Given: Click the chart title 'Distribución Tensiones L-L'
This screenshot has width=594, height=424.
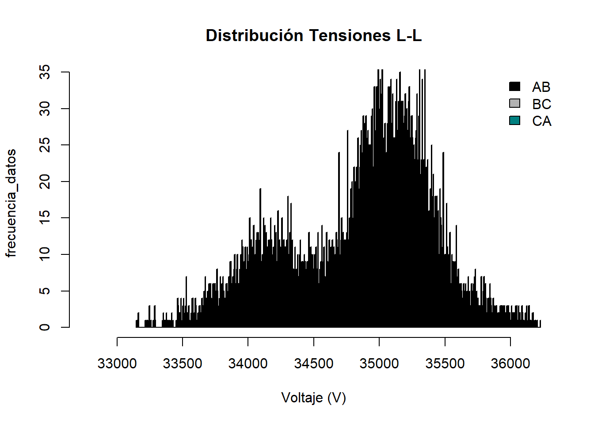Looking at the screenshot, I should coord(314,36).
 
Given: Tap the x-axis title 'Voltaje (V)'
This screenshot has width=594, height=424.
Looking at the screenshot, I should coord(313,398).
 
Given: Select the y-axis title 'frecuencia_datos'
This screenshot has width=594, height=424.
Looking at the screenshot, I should coord(11,203).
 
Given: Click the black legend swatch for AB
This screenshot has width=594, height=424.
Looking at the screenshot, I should coord(514,87).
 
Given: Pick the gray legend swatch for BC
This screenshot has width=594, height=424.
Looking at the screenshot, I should coord(514,103).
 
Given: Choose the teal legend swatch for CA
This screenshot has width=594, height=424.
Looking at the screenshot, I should coord(514,121).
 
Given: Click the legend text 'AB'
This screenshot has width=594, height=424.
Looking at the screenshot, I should coord(541,87).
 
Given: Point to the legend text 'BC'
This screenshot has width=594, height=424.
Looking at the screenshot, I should coord(541,104).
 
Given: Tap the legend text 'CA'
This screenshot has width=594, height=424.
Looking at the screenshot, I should coord(541,121).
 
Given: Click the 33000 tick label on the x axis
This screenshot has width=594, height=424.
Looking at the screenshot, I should coord(117,363).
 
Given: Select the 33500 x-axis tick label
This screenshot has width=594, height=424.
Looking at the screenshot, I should coord(183,363).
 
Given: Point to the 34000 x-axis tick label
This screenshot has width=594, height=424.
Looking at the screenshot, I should coord(248,363).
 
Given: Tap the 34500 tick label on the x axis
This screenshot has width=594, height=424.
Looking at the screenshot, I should coord(314,363).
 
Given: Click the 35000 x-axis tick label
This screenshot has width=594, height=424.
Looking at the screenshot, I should coord(379,363).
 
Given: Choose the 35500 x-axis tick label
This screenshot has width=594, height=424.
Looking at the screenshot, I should coord(445,363).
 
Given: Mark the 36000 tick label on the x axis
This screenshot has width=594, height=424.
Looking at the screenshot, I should coord(510,363).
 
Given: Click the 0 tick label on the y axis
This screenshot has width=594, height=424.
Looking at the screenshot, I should coord(45,327).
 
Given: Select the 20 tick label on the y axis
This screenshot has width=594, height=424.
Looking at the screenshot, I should coord(45,182).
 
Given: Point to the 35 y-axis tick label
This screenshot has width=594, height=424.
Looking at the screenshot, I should coord(45,72).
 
